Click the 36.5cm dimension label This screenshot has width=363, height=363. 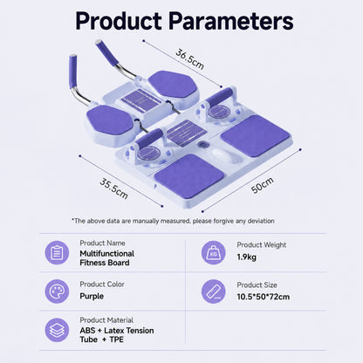click(x=189, y=59)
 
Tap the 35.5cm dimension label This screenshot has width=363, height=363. click(x=113, y=189)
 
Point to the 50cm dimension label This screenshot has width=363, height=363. click(x=263, y=185)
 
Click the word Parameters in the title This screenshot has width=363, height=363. click(x=231, y=21)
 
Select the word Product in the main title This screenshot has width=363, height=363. click(x=119, y=21)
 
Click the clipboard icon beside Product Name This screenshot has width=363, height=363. click(x=57, y=253)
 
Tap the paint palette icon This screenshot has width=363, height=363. click(x=57, y=291)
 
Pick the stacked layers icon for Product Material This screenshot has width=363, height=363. click(x=57, y=330)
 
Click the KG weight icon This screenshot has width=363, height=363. click(x=214, y=253)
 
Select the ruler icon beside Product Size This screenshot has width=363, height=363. click(x=214, y=291)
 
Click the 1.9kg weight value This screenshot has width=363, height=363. click(x=247, y=257)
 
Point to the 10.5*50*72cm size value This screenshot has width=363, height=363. click(x=264, y=297)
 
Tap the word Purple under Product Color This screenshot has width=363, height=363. click(x=92, y=297)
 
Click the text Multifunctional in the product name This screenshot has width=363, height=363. click(x=107, y=254)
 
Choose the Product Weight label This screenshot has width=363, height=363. click(x=262, y=245)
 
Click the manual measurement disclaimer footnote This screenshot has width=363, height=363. click(x=173, y=221)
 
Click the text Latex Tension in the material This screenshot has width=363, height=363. click(x=129, y=331)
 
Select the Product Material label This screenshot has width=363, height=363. click(x=106, y=320)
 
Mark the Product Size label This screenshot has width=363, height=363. click(x=257, y=285)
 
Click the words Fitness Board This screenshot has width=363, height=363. click(x=105, y=263)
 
